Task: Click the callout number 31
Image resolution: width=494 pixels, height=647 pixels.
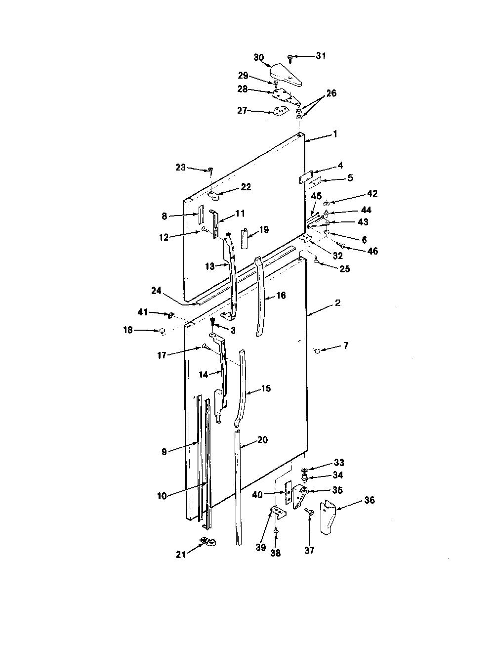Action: click(321, 56)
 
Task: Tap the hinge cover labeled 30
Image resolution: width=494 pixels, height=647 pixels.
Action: click(287, 76)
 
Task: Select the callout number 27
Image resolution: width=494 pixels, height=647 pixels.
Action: click(242, 111)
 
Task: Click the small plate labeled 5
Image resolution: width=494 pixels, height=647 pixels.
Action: click(315, 184)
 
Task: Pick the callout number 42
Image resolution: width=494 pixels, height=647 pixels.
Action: click(372, 194)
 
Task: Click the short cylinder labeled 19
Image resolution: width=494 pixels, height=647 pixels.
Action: click(246, 238)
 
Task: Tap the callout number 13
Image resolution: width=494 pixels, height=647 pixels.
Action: click(210, 266)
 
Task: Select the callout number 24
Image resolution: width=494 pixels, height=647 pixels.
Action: click(156, 291)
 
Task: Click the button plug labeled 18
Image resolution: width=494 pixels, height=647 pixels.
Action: click(162, 331)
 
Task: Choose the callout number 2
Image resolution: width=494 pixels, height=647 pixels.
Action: click(337, 302)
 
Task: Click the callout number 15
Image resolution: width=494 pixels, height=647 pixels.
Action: click(266, 388)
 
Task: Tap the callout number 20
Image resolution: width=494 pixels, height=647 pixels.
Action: click(262, 440)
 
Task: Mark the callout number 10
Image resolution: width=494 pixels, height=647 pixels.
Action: click(162, 496)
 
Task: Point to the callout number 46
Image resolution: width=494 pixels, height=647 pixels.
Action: click(372, 251)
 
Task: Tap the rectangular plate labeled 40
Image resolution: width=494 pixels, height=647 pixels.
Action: click(288, 491)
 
